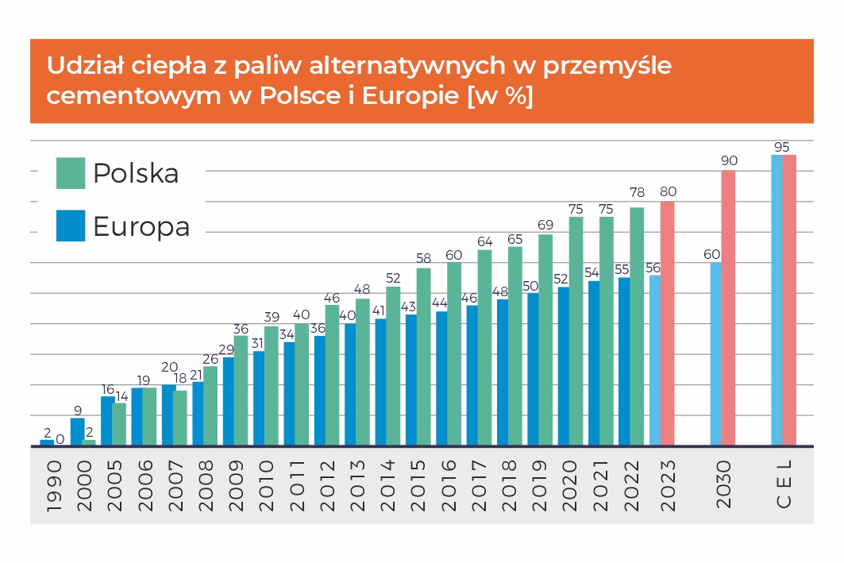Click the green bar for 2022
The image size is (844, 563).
tap(637, 326)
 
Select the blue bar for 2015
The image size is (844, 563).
tap(411, 380)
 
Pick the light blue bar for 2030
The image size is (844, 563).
tap(715, 354)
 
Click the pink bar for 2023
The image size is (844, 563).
tap(667, 323)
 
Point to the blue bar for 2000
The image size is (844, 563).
tap(77, 432)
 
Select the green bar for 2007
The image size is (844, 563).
tap(180, 418)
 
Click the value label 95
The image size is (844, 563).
tap(782, 147)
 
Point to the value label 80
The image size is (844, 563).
tap(668, 192)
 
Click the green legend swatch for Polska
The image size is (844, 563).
tap(71, 173)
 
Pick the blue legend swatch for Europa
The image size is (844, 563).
tap(71, 226)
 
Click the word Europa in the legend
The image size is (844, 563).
tap(141, 226)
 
